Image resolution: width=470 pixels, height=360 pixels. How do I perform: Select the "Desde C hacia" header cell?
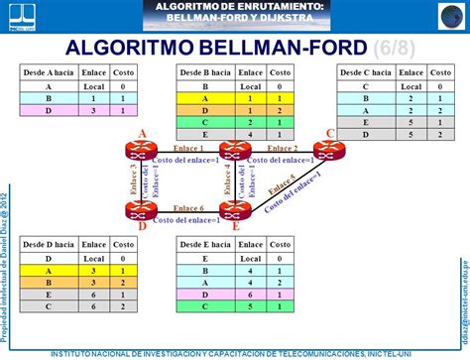point(365,73)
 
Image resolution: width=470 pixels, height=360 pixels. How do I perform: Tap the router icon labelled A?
point(136,151)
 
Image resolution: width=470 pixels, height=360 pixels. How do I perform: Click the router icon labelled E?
point(234,210)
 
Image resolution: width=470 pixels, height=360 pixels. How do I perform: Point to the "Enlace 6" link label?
point(187,207)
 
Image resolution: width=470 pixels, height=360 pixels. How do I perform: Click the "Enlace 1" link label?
point(187,148)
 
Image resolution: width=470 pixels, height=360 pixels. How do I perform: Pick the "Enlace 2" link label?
point(283,148)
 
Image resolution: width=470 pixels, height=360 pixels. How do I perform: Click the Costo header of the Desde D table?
point(123,244)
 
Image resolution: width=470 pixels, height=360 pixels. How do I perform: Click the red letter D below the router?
point(142,226)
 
